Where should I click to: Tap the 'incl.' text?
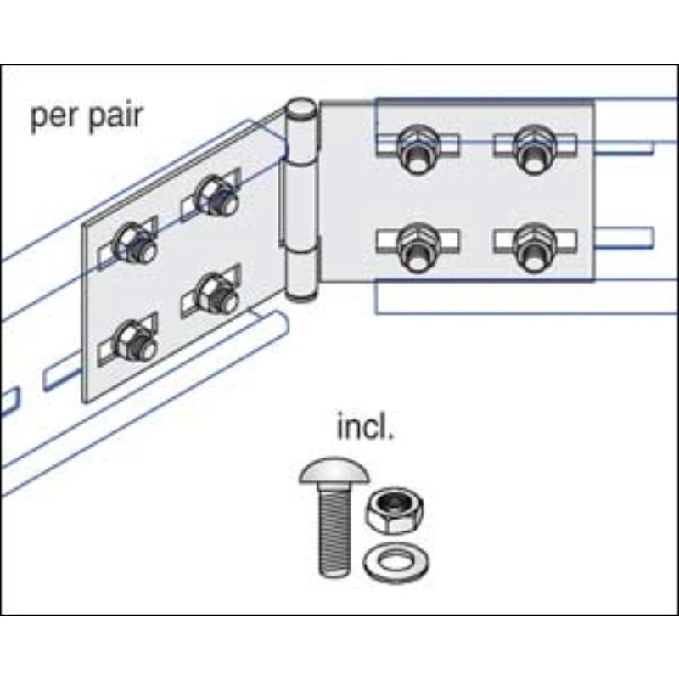click(366, 426)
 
